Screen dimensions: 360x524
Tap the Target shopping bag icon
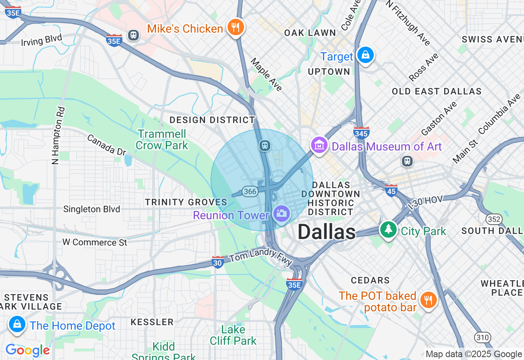(365, 55)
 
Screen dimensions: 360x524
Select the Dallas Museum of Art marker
(319, 145)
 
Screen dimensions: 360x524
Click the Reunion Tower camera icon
(281, 214)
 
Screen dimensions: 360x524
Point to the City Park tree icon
(388, 229)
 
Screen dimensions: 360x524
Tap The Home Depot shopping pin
(17, 324)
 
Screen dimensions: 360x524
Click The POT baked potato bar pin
(428, 300)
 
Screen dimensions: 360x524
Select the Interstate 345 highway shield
(361, 133)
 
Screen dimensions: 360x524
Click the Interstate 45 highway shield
(391, 190)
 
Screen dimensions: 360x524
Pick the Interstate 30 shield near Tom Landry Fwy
(218, 262)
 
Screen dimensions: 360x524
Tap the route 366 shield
(250, 191)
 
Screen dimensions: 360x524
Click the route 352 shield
(494, 219)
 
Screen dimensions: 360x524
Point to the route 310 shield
(482, 337)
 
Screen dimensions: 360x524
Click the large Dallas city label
(326, 232)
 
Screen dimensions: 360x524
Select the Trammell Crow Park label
(162, 139)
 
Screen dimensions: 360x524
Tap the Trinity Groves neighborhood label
(186, 202)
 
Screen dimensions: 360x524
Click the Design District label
(212, 120)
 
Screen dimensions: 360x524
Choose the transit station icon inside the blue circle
(265, 145)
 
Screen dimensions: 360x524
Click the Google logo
(27, 351)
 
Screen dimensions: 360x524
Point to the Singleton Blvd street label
(92, 209)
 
